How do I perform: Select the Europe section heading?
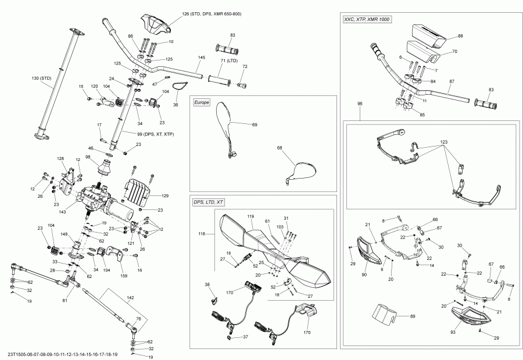201,102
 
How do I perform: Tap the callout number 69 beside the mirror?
254,124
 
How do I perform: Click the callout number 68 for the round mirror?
280,148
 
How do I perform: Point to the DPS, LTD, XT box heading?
208,201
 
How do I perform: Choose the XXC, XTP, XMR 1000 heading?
367,20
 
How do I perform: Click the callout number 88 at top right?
460,36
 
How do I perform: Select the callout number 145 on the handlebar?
201,58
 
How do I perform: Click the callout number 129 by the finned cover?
164,195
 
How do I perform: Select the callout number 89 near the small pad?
413,316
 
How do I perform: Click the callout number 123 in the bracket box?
444,142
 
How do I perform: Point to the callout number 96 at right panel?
360,104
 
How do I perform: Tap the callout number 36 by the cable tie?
175,105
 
